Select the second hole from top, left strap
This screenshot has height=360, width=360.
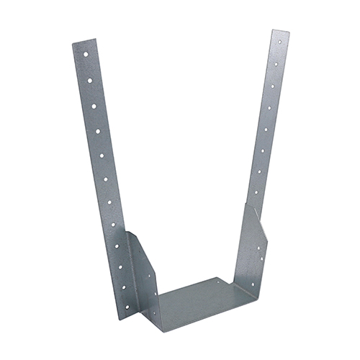coord(87,71)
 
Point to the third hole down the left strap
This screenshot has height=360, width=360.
coord(90,88)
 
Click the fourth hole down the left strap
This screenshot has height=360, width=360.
coord(94,105)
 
